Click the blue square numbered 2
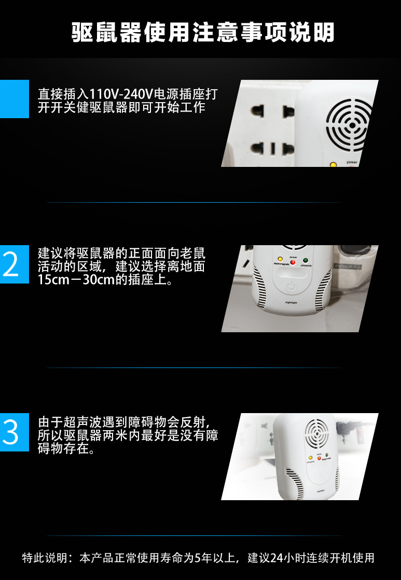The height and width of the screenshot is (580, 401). pos(14,264)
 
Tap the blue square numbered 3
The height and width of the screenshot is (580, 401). pos(14,432)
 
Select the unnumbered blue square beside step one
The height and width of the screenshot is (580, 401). pos(14,99)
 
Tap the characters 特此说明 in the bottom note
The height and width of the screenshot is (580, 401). pos(46,558)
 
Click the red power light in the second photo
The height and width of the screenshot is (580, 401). pos(293,262)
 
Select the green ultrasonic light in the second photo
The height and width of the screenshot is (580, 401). pos(306,260)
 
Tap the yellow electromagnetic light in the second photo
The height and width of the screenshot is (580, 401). pos(280,259)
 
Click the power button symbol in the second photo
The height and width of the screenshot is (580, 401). pos(291,286)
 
